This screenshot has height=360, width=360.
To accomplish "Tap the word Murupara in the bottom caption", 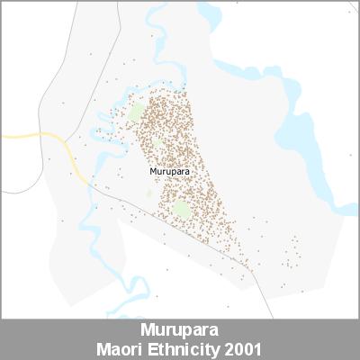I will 180,329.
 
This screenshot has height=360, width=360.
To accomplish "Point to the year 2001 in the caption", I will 246,346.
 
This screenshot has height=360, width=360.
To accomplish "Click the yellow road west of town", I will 36,137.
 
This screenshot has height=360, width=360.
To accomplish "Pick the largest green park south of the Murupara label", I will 181,211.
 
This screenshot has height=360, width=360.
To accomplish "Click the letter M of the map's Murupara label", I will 152,170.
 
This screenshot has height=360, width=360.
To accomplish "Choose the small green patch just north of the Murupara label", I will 158,144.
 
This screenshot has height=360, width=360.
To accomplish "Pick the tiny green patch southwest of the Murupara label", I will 150,193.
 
